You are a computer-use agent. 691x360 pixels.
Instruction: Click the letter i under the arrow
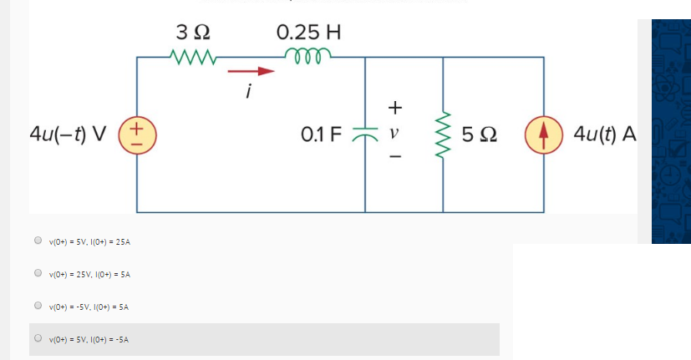[248, 91]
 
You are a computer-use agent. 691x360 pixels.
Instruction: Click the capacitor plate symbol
[366, 134]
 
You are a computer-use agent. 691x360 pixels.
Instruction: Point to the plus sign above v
[395, 107]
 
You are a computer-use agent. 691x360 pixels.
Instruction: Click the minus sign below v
[395, 158]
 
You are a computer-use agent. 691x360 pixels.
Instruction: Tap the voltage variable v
[395, 133]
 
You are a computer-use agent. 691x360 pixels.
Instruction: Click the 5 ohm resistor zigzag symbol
[443, 134]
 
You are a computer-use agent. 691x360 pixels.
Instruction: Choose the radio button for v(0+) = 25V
[38, 273]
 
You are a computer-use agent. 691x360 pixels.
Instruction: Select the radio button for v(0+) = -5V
[38, 306]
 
